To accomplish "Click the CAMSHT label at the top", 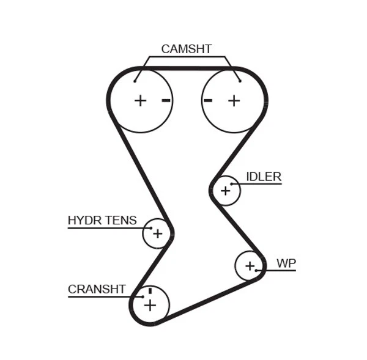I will click(x=186, y=49).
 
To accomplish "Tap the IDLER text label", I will click(x=263, y=177).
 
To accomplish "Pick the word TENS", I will click(x=120, y=221).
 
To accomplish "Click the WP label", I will click(x=286, y=263).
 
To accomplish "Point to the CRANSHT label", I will click(x=97, y=289).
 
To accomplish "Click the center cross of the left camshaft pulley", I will click(x=141, y=100).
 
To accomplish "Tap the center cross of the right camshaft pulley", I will click(x=234, y=100).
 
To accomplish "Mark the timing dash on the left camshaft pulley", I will click(x=166, y=100).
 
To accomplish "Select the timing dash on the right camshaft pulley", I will click(x=208, y=100).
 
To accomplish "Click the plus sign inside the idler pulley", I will click(x=225, y=191).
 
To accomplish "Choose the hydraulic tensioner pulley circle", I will click(x=157, y=233).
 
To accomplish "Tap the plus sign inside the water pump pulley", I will click(x=250, y=266).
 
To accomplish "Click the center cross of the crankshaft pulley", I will click(x=150, y=304).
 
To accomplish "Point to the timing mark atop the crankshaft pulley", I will click(x=149, y=290).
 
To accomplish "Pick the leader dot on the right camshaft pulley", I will click(x=240, y=80).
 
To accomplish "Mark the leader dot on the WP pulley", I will click(x=257, y=270).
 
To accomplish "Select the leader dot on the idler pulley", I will click(x=232, y=183).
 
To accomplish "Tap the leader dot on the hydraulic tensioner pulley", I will click(x=150, y=228).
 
